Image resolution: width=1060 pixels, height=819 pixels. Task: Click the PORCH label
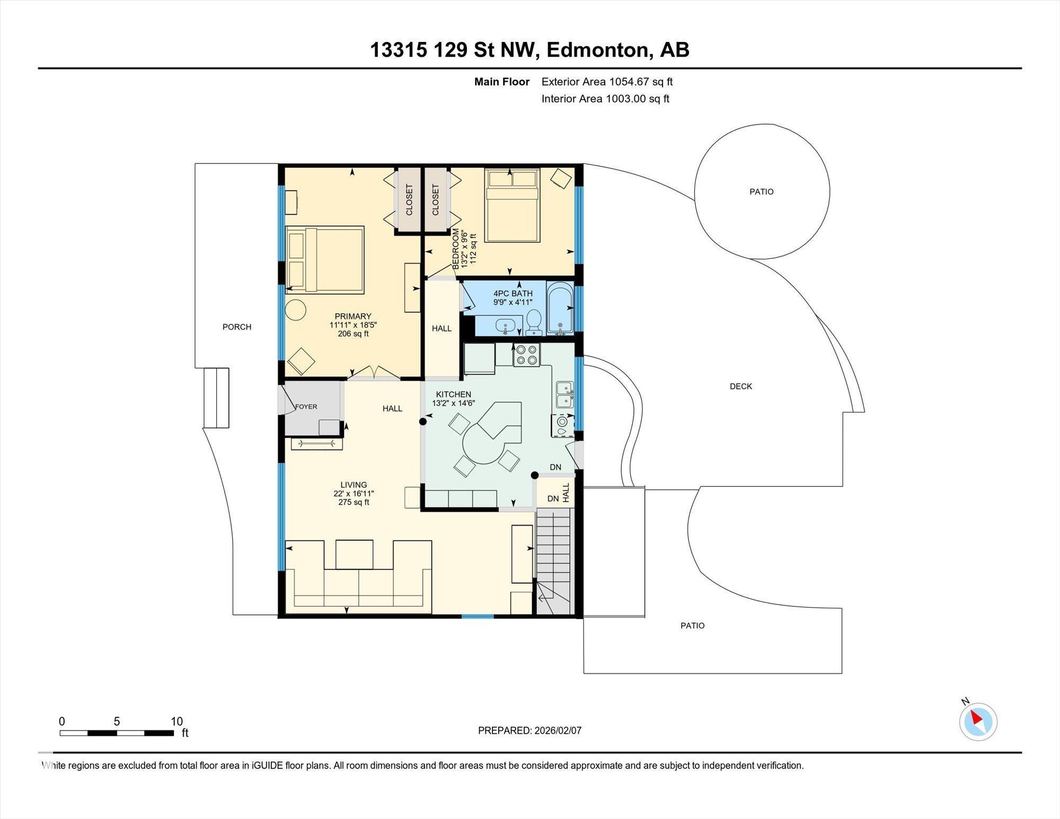pos(236,327)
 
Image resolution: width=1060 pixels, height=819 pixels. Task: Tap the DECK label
pos(740,386)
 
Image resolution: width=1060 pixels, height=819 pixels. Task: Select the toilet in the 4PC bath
pos(533,322)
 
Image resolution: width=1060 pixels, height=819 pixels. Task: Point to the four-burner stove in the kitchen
pos(526,355)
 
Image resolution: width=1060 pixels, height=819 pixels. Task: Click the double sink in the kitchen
pos(564,394)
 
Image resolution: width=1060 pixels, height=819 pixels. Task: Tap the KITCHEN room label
pos(453,394)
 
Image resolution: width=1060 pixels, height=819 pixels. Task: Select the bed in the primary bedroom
pos(325,260)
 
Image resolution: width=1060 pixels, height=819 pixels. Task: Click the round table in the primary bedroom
pos(295,310)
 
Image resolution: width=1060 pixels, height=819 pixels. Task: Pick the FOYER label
pos(306,407)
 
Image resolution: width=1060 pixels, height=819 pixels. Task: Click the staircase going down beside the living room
pos(555,561)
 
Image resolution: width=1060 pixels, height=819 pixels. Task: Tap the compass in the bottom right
pos(978,721)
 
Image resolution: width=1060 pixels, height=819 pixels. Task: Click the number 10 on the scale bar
pos(176,721)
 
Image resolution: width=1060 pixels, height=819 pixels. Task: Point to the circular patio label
pos(762,192)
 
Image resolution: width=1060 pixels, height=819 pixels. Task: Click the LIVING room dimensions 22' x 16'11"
pos(354,494)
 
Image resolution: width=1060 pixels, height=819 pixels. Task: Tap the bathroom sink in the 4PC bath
pos(505,325)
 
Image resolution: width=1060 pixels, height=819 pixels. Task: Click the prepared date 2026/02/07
pos(558,730)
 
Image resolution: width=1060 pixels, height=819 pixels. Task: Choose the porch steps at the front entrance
pos(216,398)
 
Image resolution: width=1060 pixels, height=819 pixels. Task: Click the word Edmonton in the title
pos(598,50)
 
